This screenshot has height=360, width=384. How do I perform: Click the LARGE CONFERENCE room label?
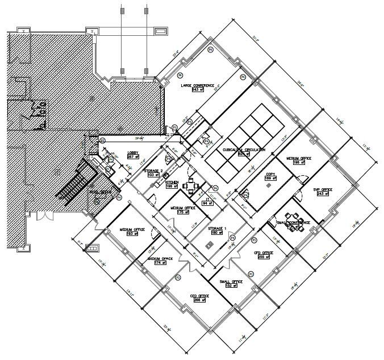tap(197, 85)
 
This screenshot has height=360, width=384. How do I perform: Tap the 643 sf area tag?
tap(197, 90)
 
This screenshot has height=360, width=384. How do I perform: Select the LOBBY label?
tap(133, 152)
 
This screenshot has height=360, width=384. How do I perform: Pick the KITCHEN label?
tap(172, 182)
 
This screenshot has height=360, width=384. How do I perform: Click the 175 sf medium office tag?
tap(182, 212)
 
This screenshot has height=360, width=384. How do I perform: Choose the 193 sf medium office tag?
tap(132, 234)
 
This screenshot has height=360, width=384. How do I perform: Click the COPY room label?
tap(270, 174)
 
